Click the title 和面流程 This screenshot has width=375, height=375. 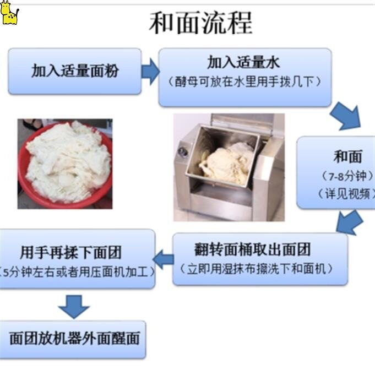point(200,23)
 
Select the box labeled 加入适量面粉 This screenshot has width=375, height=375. point(75,70)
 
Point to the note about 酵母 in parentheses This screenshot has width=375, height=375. point(244,81)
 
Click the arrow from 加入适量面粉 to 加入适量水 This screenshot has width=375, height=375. point(150,71)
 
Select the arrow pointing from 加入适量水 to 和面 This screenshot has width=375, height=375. point(346,116)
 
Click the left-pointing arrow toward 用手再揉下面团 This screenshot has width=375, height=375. point(164,258)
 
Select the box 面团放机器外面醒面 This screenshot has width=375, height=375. point(75,338)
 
